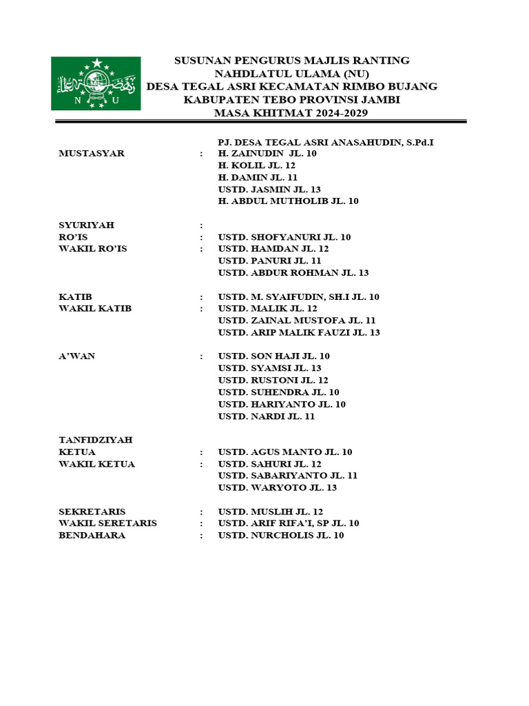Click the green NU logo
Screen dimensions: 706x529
click(96, 83)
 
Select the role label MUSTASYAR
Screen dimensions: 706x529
click(92, 153)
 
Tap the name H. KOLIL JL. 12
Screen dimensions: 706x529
click(256, 165)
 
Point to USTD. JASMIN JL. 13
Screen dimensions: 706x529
click(269, 189)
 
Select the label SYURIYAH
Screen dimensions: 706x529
click(86, 225)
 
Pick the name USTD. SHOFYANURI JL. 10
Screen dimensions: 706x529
click(284, 237)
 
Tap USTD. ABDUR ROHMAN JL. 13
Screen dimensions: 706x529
click(293, 273)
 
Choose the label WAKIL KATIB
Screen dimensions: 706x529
click(95, 309)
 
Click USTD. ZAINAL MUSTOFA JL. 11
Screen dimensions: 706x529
click(297, 321)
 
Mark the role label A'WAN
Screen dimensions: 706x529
click(77, 356)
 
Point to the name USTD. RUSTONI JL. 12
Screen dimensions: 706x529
click(273, 381)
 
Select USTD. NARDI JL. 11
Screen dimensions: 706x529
click(267, 416)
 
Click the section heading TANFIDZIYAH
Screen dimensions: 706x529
click(95, 439)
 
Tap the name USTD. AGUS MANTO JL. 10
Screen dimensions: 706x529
click(285, 452)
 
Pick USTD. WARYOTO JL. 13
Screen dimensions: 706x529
click(278, 488)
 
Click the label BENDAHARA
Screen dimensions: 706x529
click(92, 536)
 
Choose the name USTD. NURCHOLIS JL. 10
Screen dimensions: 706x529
click(281, 536)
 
